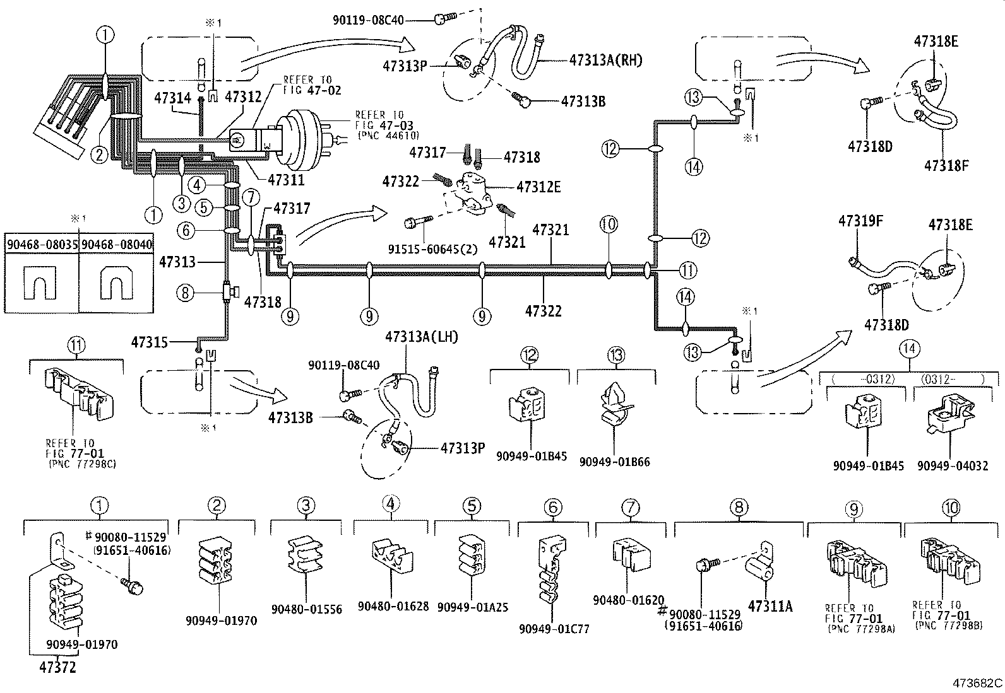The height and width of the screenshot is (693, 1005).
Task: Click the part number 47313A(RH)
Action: pos(605,61)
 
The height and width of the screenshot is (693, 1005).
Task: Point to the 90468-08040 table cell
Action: pos(117,243)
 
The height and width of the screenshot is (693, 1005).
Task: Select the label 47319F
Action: pos(860,221)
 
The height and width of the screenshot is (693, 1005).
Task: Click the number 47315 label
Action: pos(150,342)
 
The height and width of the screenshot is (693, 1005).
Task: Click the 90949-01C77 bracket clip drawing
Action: pos(551,571)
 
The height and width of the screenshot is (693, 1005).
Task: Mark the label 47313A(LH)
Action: pos(422,337)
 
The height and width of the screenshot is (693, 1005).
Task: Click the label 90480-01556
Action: pos(306,609)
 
